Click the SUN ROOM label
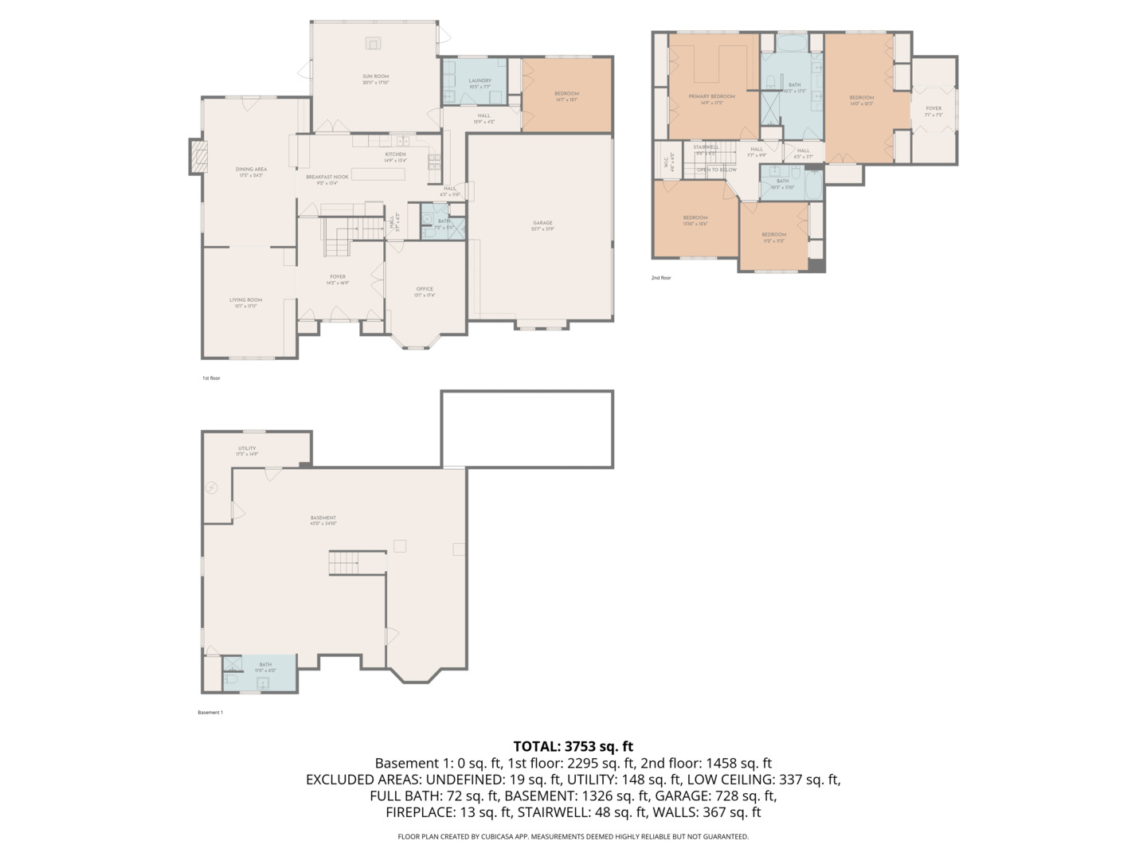375,76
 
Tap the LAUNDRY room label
480,80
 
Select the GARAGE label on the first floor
542,223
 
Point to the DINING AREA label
251,170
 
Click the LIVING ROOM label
245,300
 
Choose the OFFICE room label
425,289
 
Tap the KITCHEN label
395,154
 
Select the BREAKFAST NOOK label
327,177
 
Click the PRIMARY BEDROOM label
711,96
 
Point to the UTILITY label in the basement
247,448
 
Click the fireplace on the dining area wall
197,156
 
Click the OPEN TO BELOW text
717,170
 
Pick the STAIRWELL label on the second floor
706,147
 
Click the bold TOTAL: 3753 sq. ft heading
573,746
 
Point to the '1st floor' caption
211,378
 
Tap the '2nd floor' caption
661,278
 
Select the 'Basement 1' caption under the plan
210,713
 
